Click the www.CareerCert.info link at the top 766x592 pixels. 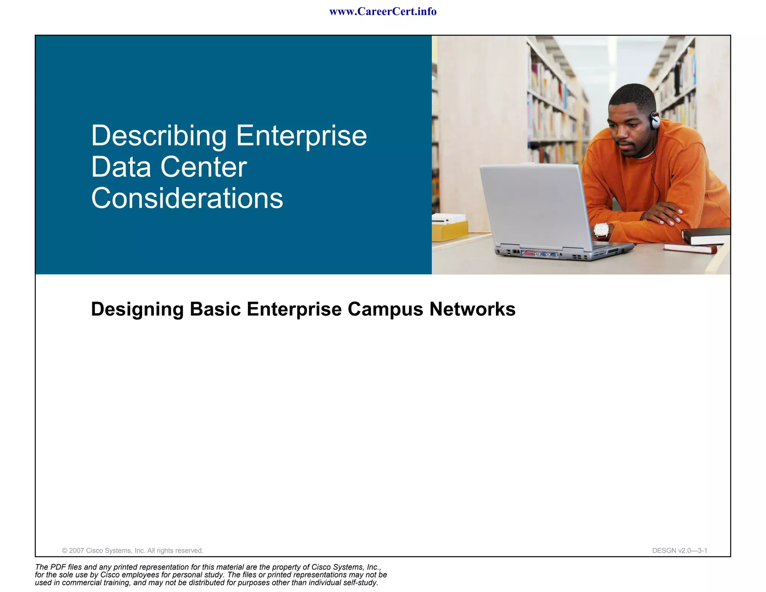(x=383, y=12)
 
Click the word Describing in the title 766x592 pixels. (x=159, y=136)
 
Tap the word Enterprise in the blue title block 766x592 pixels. (x=301, y=136)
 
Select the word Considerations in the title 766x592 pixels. (x=187, y=198)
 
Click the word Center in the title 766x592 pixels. (x=203, y=167)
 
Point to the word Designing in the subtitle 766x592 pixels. (x=137, y=309)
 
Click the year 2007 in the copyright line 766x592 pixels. (x=76, y=550)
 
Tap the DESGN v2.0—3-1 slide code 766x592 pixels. (x=679, y=550)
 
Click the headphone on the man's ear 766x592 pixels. (x=655, y=120)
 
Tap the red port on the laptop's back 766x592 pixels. (x=528, y=253)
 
